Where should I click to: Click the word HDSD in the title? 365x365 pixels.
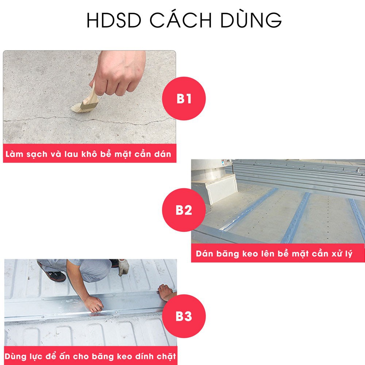(x=114, y=20)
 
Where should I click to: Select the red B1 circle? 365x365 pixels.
(x=184, y=99)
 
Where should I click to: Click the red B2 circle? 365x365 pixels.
(x=184, y=210)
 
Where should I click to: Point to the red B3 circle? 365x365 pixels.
(x=184, y=316)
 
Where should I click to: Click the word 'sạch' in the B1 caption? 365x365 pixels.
(x=36, y=154)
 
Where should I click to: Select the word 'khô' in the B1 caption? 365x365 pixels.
(x=89, y=154)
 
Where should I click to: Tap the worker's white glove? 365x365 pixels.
(x=123, y=267)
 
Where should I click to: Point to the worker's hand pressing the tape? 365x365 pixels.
(x=93, y=304)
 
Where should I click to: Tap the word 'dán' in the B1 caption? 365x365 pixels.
(x=162, y=154)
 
